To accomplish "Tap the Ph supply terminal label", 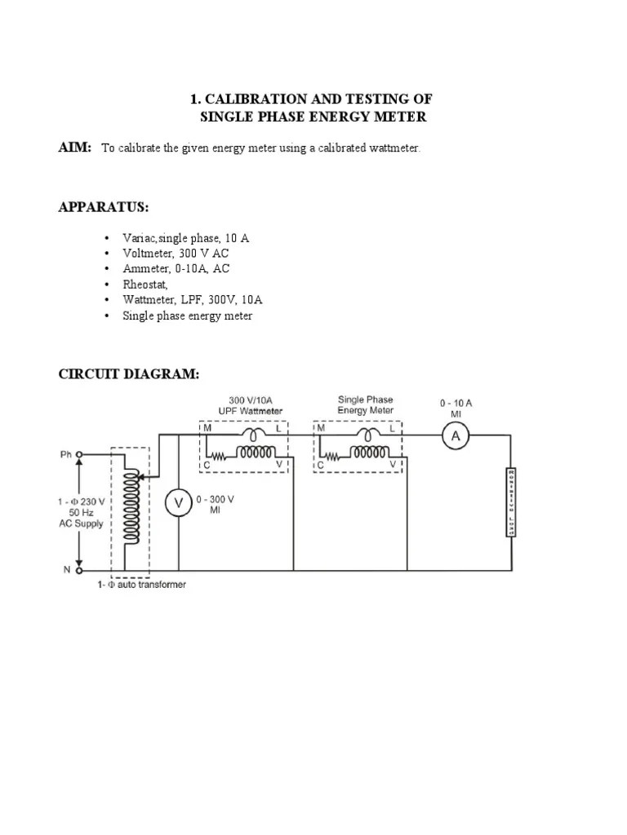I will (x=65, y=454).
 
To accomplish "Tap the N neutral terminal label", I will (x=67, y=570).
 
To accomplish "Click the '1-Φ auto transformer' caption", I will (x=140, y=585).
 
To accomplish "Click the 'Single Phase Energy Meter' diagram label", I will (x=365, y=405).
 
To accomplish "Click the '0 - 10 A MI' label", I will (x=456, y=408).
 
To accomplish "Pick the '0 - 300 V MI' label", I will (x=216, y=505).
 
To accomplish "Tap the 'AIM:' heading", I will (x=74, y=147).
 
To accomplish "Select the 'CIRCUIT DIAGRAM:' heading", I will (x=128, y=374).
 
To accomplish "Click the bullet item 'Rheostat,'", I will (x=145, y=285).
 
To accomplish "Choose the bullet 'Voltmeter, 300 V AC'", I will (x=176, y=254).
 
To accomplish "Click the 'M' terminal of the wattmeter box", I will (x=207, y=427).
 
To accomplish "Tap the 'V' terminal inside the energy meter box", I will (x=394, y=465).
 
